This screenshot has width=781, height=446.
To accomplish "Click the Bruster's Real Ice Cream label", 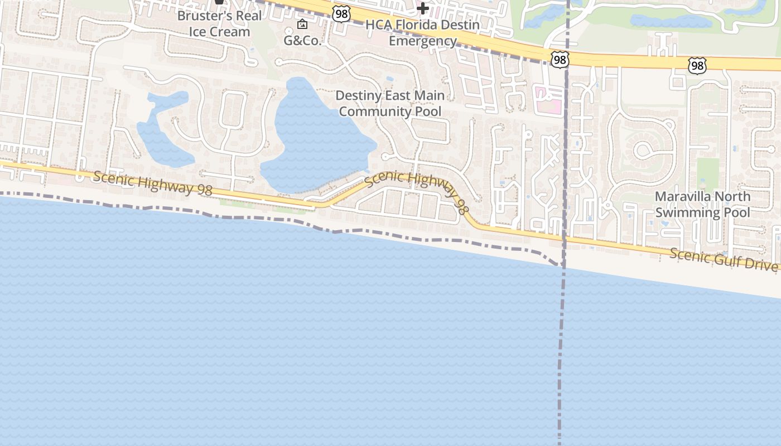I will pyautogui.click(x=219, y=23).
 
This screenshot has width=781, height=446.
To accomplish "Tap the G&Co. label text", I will pyautogui.click(x=302, y=41).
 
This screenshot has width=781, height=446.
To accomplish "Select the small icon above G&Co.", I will pyautogui.click(x=302, y=24).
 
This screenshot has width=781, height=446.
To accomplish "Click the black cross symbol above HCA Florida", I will pyautogui.click(x=423, y=8).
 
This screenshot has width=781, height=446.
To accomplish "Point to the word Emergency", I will pyautogui.click(x=422, y=41).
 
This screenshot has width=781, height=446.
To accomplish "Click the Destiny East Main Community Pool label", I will pyautogui.click(x=390, y=104).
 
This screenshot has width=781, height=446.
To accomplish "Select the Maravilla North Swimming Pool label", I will pyautogui.click(x=702, y=205).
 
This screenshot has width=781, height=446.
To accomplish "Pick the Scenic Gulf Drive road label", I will pyautogui.click(x=723, y=259).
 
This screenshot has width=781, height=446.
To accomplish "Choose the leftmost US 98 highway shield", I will pyautogui.click(x=341, y=14).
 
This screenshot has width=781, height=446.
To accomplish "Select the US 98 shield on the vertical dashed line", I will pyautogui.click(x=560, y=60).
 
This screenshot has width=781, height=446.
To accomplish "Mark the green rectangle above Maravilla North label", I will pyautogui.click(x=708, y=173).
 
